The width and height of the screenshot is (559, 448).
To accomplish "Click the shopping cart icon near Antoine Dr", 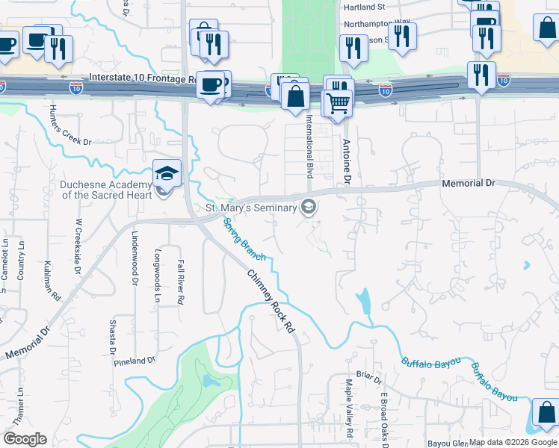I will (x=339, y=102).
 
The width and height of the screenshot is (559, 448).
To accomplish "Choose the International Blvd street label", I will (x=308, y=146).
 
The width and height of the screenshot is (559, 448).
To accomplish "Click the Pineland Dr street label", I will (x=135, y=361).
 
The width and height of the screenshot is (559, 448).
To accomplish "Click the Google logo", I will (x=25, y=439).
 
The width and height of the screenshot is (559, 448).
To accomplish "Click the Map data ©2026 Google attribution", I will (x=513, y=442).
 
